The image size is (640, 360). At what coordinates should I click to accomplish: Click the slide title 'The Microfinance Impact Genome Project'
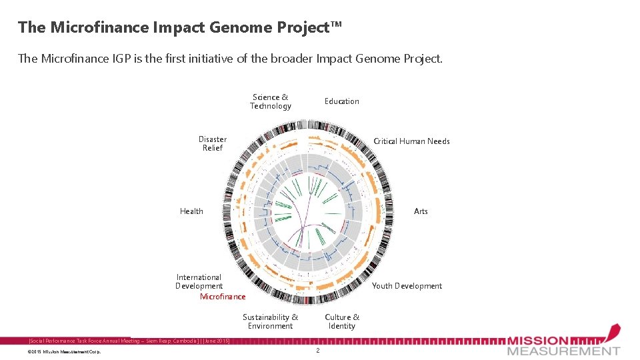click(179, 27)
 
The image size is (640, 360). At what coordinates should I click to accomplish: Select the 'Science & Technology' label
click(271, 101)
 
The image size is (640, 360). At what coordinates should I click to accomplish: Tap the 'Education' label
click(341, 101)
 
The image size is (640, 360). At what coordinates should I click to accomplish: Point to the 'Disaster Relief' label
click(213, 143)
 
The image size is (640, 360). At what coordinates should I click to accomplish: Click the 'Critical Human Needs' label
click(411, 141)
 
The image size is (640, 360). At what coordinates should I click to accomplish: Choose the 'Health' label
click(191, 211)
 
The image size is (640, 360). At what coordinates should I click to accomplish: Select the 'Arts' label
click(421, 211)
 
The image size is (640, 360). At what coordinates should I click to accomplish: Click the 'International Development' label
click(199, 281)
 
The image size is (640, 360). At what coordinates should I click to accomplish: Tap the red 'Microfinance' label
click(223, 297)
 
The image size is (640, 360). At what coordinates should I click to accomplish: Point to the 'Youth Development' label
click(407, 286)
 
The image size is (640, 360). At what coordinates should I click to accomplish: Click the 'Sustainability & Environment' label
click(270, 321)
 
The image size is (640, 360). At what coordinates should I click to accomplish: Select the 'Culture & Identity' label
click(342, 321)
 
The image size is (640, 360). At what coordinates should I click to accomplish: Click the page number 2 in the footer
click(318, 351)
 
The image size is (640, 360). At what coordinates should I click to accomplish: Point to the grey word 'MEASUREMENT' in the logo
click(563, 351)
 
